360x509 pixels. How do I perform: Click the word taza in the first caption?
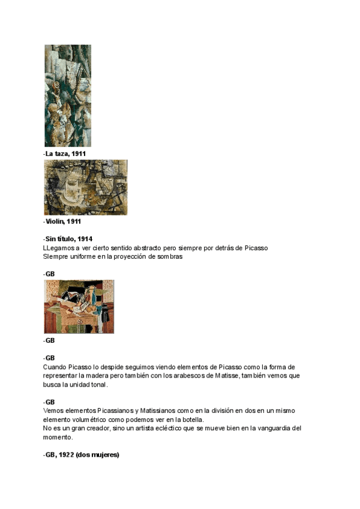pyautogui.click(x=61, y=154)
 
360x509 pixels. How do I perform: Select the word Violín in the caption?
pyautogui.click(x=55, y=221)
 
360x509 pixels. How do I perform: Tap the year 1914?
pyautogui.click(x=85, y=239)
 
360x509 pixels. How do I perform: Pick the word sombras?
pyautogui.click(x=169, y=256)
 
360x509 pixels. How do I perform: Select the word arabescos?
pyautogui.click(x=182, y=376)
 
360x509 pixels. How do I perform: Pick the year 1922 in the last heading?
pyautogui.click(x=65, y=455)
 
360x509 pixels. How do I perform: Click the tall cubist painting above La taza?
pyautogui.click(x=68, y=96)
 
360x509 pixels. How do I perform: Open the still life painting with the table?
pyautogui.click(x=79, y=306)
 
